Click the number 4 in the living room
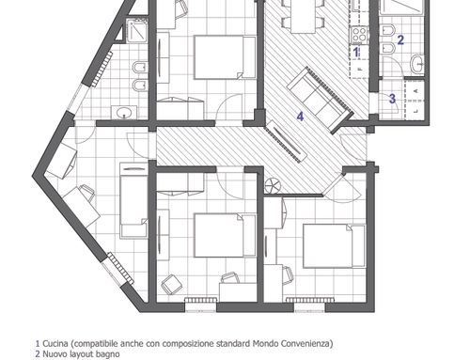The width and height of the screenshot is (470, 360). click(300, 117)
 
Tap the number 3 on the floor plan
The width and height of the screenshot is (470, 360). click(392, 99)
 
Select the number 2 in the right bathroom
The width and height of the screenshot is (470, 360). click(400, 39)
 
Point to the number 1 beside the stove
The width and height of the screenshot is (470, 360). click(356, 52)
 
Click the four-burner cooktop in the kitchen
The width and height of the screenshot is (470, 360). click(359, 35)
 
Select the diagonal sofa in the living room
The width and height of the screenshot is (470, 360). click(321, 99)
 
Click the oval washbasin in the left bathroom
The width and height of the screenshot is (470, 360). click(124, 113)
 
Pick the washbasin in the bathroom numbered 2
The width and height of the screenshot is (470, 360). click(417, 64)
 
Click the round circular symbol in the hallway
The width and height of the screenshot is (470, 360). click(273, 186)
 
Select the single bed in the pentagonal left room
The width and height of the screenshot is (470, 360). click(134, 200)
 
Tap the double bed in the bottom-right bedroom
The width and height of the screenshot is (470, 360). click(334, 246)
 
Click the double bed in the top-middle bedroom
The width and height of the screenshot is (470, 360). click(225, 57)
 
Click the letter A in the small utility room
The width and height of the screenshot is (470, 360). click(416, 90)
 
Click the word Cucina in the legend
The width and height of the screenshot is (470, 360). click(55, 344)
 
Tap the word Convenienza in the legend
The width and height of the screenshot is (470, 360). click(306, 344)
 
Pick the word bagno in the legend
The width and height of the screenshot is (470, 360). click(109, 354)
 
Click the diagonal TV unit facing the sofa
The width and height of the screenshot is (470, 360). click(286, 141)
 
